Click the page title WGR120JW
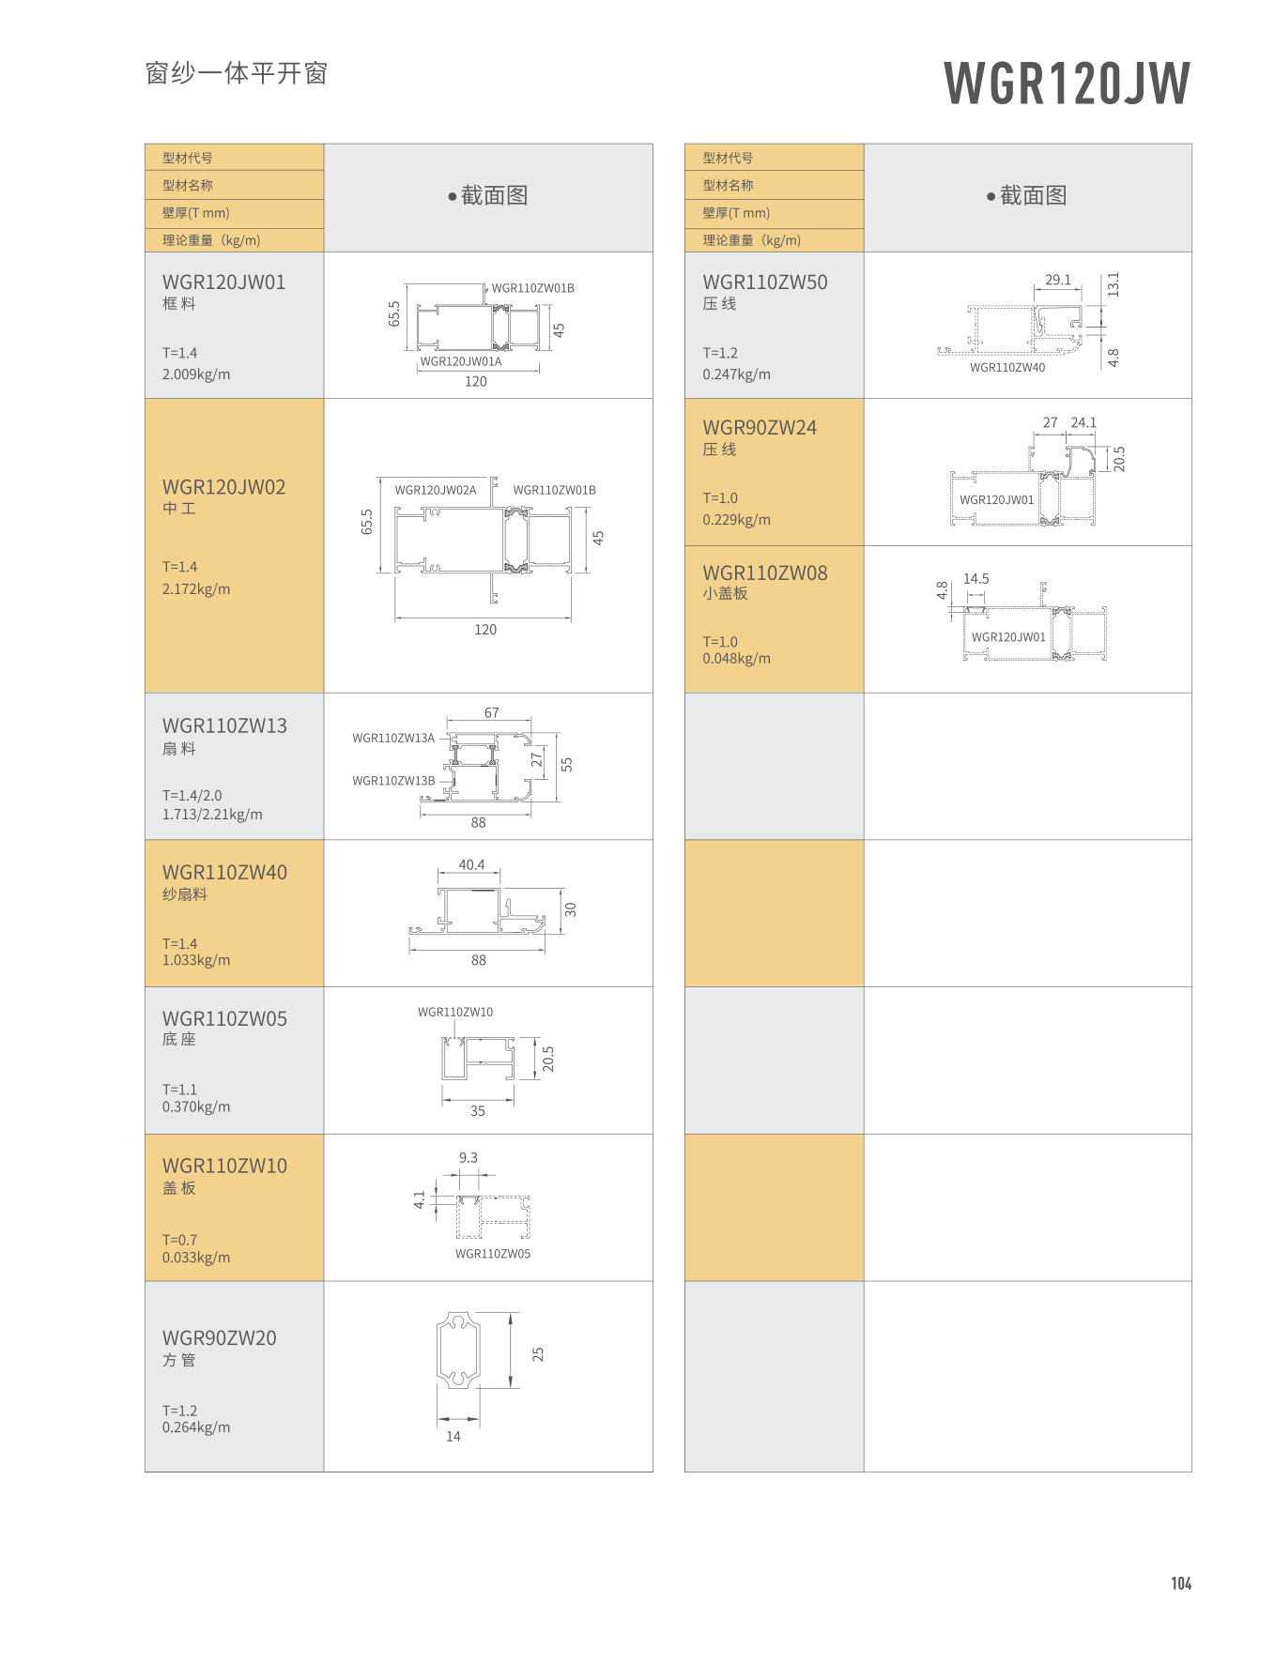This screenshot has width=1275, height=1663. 1067,83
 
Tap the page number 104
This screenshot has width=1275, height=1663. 1180,1583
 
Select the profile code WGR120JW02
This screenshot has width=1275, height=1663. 223,487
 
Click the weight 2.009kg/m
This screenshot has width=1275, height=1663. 195,374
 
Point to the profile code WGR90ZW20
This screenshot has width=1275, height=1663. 219,1337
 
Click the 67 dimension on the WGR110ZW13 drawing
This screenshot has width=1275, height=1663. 491,713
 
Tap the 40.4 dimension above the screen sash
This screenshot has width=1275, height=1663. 471,864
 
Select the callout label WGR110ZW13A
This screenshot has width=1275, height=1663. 393,738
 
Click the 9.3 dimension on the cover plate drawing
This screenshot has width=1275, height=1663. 468,1157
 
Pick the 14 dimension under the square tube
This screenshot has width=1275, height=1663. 453,1436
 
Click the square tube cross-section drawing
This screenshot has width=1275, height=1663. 458,1350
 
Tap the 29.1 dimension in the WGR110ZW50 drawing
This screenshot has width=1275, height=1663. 1057,280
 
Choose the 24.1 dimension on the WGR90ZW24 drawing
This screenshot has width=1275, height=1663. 1083,422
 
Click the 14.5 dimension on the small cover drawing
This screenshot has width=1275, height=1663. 975,579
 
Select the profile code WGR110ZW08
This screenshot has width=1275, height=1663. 764,572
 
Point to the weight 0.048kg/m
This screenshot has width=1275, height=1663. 736,659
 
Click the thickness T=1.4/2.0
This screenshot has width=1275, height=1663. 192,795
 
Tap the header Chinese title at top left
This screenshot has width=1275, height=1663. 236,73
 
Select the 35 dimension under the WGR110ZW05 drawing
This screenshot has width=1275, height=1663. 477,1110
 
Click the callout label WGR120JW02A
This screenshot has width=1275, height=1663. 435,490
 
